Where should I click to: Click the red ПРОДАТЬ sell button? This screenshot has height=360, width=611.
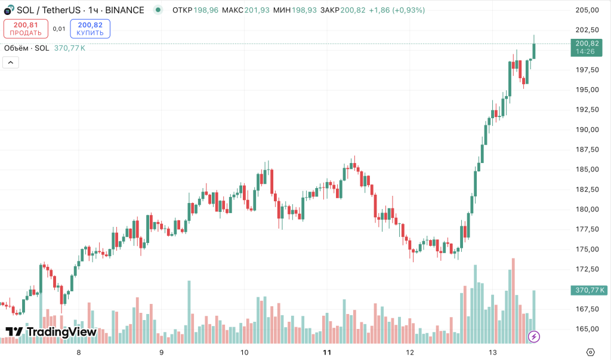click(26, 29)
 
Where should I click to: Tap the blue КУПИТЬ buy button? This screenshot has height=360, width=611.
click(90, 29)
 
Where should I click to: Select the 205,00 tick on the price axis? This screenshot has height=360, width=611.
click(587, 10)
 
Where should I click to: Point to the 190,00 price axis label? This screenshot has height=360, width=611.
click(587, 130)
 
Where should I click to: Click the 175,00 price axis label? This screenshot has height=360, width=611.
click(587, 249)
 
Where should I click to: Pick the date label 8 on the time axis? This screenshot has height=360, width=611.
click(79, 352)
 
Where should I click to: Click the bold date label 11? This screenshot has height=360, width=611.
click(327, 352)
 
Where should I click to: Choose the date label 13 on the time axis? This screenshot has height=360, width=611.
click(492, 352)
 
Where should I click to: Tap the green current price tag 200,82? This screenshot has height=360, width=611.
click(587, 47)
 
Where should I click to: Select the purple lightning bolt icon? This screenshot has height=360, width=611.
click(534, 337)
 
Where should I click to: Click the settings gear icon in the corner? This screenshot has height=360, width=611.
click(590, 352)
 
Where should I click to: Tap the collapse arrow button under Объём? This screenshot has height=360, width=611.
click(11, 62)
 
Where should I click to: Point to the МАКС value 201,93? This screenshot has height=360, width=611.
click(256, 10)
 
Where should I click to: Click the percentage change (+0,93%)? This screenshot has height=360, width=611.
click(409, 10)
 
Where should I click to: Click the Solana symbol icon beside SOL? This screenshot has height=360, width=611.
click(8, 11)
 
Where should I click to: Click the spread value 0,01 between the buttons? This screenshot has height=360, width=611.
click(59, 29)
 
